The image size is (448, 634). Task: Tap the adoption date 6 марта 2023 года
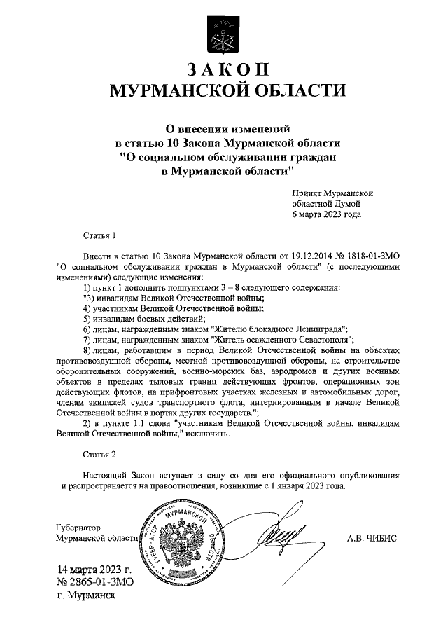[326, 214]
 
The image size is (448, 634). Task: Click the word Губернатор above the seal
[77, 526]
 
